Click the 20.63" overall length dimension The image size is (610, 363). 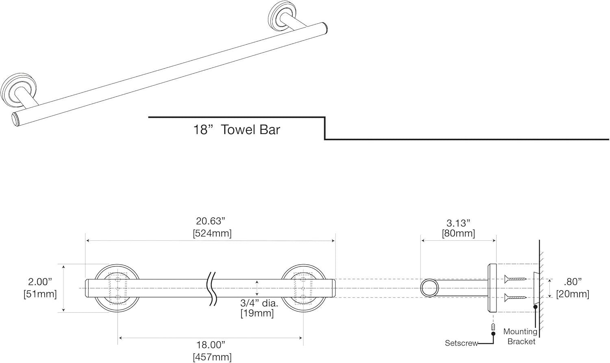pyautogui.click(x=210, y=221)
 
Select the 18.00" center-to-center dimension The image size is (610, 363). pyautogui.click(x=210, y=345)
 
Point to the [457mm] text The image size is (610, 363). pyautogui.click(x=212, y=357)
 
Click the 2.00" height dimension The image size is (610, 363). pyautogui.click(x=40, y=281)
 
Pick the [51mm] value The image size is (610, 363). pyautogui.click(x=40, y=293)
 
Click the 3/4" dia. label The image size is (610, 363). pyautogui.click(x=259, y=303)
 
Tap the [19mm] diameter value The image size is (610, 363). pyautogui.click(x=257, y=313)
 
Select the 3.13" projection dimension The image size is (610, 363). pyautogui.click(x=458, y=223)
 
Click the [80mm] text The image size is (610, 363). pyautogui.click(x=458, y=234)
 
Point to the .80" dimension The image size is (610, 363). pyautogui.click(x=573, y=282)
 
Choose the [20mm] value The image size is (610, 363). pyautogui.click(x=573, y=293)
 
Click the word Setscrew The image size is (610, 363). pyautogui.click(x=461, y=343)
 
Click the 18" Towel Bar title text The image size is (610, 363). pyautogui.click(x=236, y=130)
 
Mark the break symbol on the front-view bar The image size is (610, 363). pyautogui.click(x=212, y=288)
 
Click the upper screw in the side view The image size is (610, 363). pyautogui.click(x=515, y=279)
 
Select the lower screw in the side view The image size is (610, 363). pyautogui.click(x=515, y=298)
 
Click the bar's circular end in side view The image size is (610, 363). pyautogui.click(x=430, y=288)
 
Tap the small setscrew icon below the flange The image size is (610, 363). pyautogui.click(x=493, y=326)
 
